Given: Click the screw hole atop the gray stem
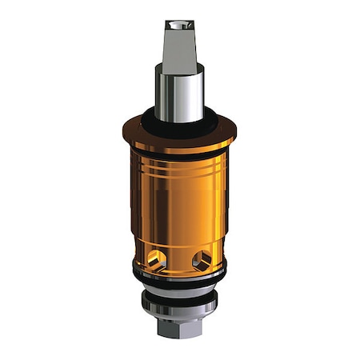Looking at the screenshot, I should click(x=179, y=25).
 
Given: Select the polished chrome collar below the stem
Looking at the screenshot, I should click(x=179, y=92).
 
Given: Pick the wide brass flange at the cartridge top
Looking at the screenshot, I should click(x=179, y=136).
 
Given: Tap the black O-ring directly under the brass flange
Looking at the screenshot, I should click(x=179, y=154).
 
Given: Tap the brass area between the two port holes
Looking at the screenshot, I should click(x=179, y=260).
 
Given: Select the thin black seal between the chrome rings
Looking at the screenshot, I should click(x=179, y=295).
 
